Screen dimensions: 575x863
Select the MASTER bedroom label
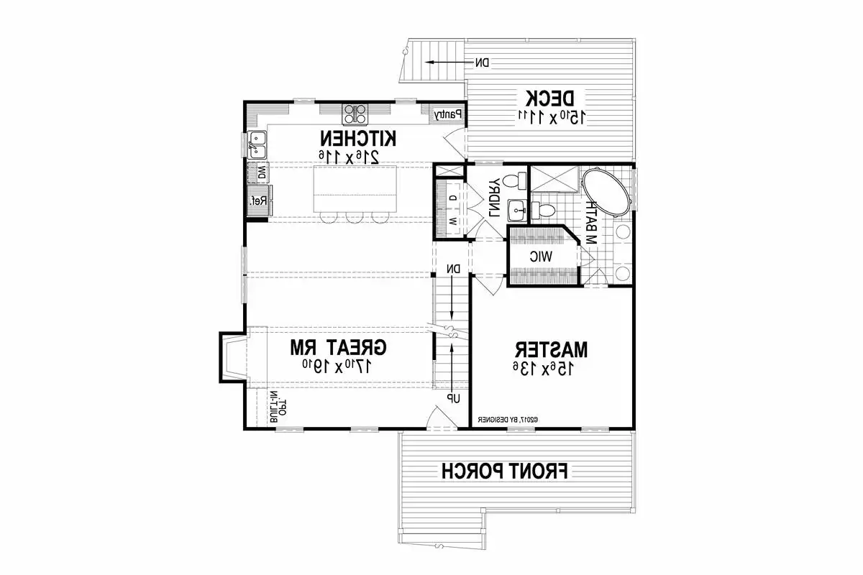[552, 349]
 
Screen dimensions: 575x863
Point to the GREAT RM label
[338, 348]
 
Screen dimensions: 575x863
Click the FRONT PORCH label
[505, 471]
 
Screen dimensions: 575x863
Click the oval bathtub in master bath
[608, 193]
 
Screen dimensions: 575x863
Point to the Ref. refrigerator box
[258, 201]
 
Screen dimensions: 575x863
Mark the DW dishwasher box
[260, 172]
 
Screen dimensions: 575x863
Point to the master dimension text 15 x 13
[552, 369]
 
